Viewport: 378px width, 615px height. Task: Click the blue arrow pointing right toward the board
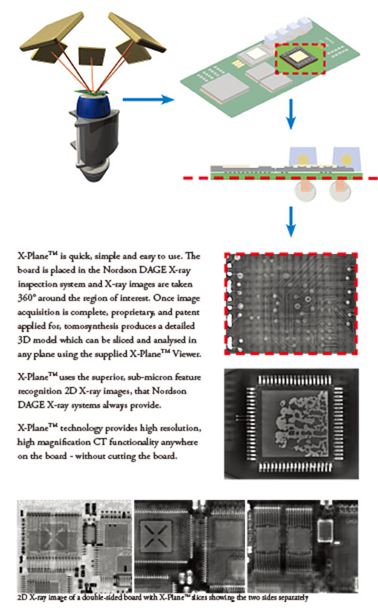(x=148, y=99)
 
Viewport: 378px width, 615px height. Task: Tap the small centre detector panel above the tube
(x=92, y=56)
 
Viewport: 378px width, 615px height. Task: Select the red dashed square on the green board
(x=300, y=58)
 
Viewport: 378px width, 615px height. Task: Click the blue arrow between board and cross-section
(x=290, y=114)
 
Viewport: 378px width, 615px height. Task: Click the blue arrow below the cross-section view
(x=290, y=221)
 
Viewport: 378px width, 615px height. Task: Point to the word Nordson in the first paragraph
(x=122, y=270)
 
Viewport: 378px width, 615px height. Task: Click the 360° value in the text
(x=26, y=298)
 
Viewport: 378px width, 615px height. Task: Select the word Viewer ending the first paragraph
(x=187, y=354)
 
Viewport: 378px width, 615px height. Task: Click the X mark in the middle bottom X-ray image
(x=156, y=536)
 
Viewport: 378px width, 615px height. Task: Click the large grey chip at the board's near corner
(x=225, y=89)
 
